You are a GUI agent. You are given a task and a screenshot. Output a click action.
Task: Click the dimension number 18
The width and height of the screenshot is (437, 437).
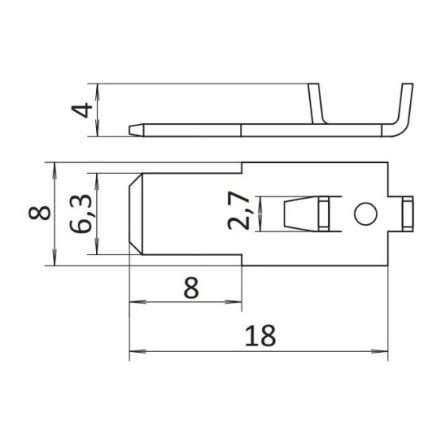pos(261,335)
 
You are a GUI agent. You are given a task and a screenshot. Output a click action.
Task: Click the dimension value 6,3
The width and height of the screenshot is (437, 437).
pos(80,214)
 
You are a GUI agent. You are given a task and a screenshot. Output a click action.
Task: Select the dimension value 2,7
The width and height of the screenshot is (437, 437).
pos(238,211)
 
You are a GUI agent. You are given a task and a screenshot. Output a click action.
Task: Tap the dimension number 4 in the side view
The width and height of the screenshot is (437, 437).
pos(82,110)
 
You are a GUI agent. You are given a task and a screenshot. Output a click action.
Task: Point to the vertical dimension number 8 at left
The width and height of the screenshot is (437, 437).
pos(39,213)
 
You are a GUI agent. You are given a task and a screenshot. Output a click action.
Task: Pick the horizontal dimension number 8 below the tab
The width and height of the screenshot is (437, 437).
pos(191,288)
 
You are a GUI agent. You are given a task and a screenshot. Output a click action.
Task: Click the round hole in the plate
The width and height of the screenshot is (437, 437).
pos(365,214)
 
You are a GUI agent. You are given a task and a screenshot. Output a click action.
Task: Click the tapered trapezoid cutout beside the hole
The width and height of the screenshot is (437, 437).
pos(301,214)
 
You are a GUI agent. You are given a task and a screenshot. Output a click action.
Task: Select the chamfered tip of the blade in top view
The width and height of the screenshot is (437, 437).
pos(136,214)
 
